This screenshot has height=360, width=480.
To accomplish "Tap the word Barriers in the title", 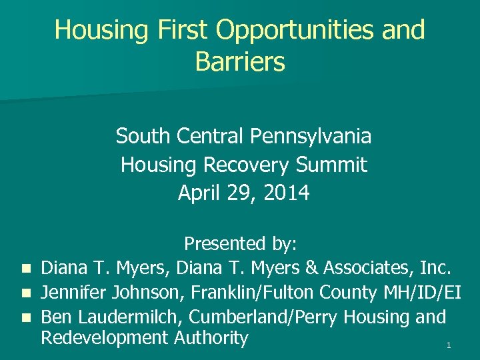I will (x=240, y=62).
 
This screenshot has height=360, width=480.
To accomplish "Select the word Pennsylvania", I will (x=311, y=137).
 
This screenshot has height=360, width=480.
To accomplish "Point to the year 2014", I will (x=287, y=193).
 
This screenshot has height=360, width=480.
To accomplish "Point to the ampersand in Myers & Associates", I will (x=310, y=268).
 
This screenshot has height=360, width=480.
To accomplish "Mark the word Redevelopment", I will (x=103, y=338).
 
